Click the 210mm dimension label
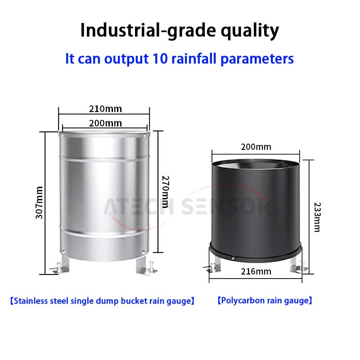tap(105, 109)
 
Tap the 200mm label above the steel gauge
tap(105, 123)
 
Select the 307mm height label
tap(39, 203)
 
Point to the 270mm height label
tap(166, 192)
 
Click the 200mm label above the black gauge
tap(256, 147)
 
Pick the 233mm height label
tap(317, 217)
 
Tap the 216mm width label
tap(256, 272)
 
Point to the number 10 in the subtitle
tap(160, 59)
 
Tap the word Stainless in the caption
tap(31, 301)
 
